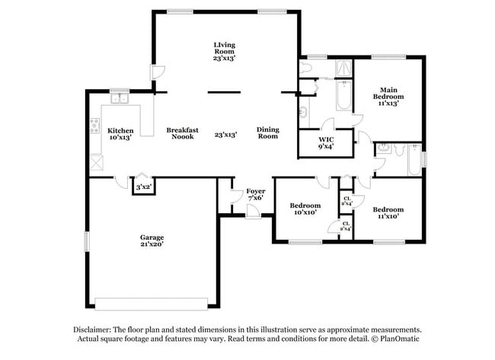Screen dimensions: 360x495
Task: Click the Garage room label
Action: point(151,237)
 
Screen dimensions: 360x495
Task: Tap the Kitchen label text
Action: point(120,130)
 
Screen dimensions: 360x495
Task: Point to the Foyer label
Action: point(254,192)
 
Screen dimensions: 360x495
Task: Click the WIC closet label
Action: point(326,139)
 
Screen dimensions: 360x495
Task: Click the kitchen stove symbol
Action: point(95,126)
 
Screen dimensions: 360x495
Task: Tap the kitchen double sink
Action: point(119,98)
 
